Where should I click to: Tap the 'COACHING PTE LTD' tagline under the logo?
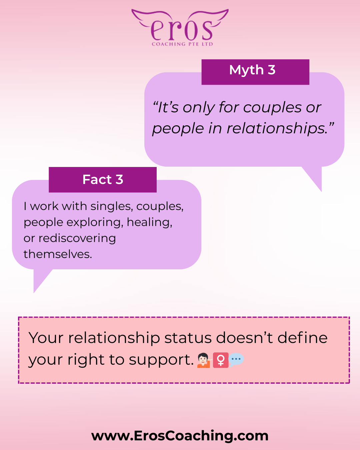tap(182, 44)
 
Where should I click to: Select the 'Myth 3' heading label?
tap(252, 70)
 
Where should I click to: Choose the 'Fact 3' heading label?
tap(103, 179)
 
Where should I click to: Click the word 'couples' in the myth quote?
tap(272, 108)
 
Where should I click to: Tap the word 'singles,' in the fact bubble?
tap(112, 207)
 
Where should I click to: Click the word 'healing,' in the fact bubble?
tap(149, 222)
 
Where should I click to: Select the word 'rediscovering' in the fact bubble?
tap(77, 239)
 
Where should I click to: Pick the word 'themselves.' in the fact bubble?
tap(58, 254)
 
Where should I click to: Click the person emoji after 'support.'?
tap(204, 360)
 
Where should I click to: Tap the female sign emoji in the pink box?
tap(221, 360)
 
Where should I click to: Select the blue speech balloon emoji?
tap(236, 360)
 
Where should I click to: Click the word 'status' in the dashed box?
tap(188, 338)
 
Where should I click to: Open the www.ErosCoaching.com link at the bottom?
tap(180, 436)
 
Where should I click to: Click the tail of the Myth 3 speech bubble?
tap(314, 178)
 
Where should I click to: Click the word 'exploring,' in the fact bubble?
tap(95, 222)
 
